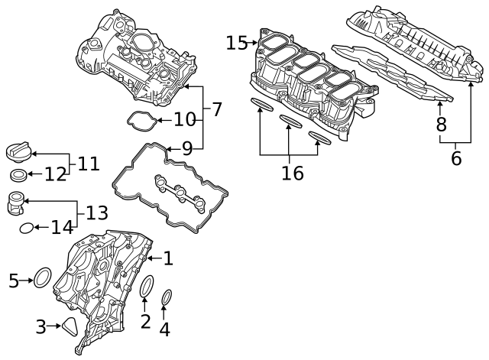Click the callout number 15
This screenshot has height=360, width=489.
pos(237,43)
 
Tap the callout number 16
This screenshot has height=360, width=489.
pos(292,173)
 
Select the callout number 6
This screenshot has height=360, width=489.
pos(456,158)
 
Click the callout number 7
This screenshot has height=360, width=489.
pos(216,109)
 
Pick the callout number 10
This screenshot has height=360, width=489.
pos(185,119)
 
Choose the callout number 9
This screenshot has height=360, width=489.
pos(186,148)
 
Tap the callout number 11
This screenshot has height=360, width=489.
pos(89,163)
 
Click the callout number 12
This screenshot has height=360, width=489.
pos(55,175)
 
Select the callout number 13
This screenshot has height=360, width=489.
pos(96,213)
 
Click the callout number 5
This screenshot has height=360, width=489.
pos(13,281)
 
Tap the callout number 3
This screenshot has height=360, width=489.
pos(40,327)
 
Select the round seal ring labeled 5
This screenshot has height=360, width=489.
pos(44,277)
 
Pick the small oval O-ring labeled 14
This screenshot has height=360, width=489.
pos(25,227)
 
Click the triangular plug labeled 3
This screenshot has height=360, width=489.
pos(71,327)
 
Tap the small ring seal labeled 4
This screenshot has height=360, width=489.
pos(167,297)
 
